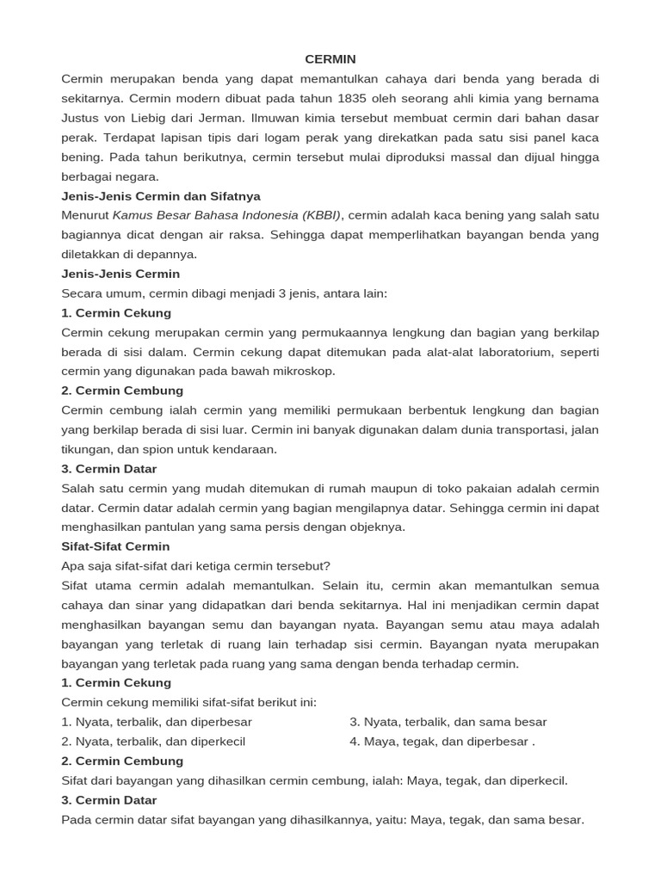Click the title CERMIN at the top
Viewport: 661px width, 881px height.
[x=330, y=59]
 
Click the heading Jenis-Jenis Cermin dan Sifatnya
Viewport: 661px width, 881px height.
[x=161, y=196]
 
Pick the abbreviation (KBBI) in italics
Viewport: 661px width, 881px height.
[x=321, y=215]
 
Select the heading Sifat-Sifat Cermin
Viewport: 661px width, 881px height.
[x=116, y=546]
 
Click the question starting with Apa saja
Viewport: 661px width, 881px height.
[x=196, y=566]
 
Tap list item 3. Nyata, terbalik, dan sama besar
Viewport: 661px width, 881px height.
[x=448, y=722]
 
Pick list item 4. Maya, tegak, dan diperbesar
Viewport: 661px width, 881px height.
[x=442, y=742]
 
